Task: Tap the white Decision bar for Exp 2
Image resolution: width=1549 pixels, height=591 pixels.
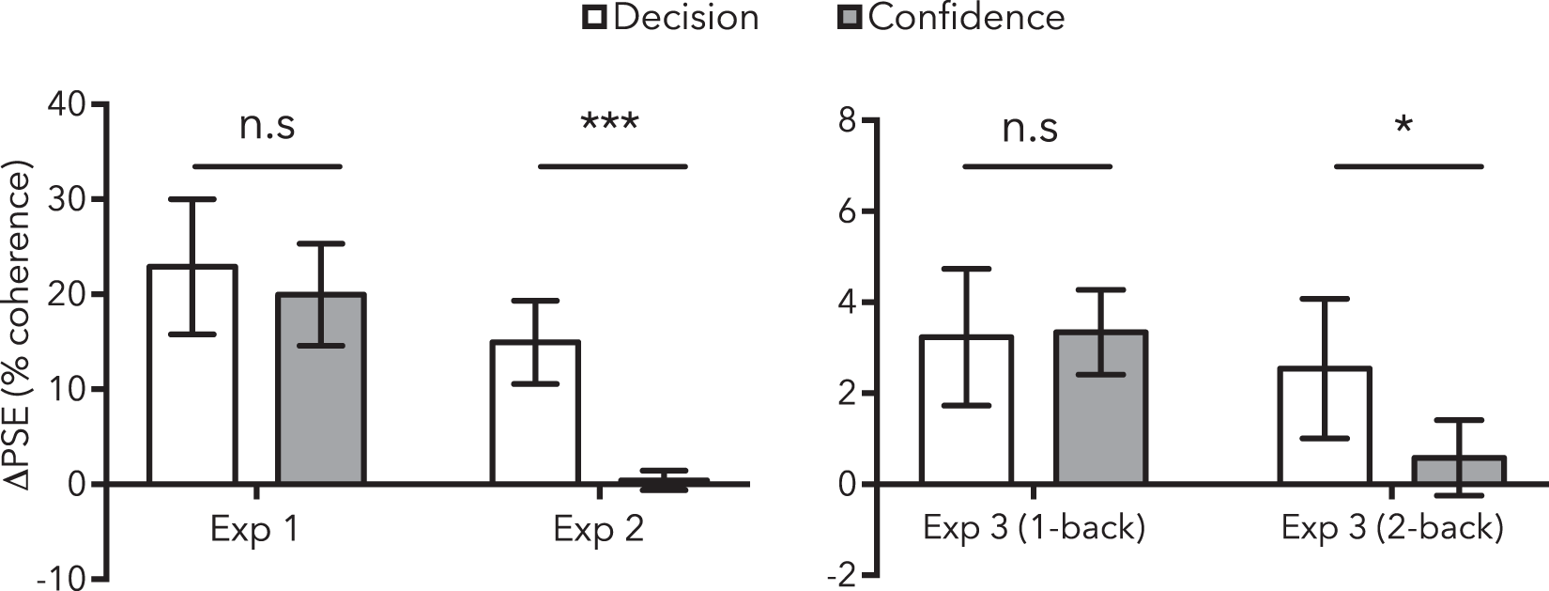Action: (x=535, y=423)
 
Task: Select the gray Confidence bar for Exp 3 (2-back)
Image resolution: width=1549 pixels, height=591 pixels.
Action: (x=1460, y=471)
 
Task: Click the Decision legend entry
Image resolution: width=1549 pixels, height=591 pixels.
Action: (x=671, y=17)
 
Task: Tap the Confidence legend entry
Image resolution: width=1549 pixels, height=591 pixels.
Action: (x=951, y=17)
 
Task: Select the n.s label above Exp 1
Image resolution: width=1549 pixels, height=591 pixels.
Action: (x=267, y=125)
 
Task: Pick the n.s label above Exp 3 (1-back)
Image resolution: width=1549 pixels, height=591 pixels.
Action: (x=1030, y=127)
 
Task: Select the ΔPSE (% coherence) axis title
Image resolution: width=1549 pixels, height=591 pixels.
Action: (x=21, y=324)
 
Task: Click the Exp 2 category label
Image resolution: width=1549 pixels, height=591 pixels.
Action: (x=598, y=529)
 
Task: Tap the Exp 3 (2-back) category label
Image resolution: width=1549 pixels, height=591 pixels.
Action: (x=1392, y=527)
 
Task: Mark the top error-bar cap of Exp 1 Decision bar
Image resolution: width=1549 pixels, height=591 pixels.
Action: (x=192, y=199)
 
